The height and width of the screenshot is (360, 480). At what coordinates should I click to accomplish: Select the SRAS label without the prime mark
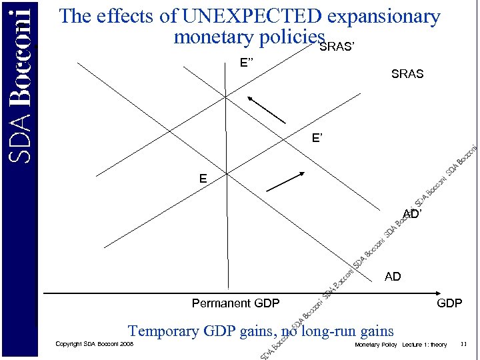click(407, 74)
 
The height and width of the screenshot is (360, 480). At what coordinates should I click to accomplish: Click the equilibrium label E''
click(247, 63)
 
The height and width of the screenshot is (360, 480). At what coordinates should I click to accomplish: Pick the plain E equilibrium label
click(203, 179)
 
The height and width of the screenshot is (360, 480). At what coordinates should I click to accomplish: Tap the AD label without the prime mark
click(393, 276)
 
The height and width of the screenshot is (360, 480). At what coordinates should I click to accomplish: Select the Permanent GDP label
click(235, 303)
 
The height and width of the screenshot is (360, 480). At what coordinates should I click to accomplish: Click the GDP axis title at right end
click(449, 303)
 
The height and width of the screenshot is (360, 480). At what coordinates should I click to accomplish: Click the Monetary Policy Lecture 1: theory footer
click(401, 345)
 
